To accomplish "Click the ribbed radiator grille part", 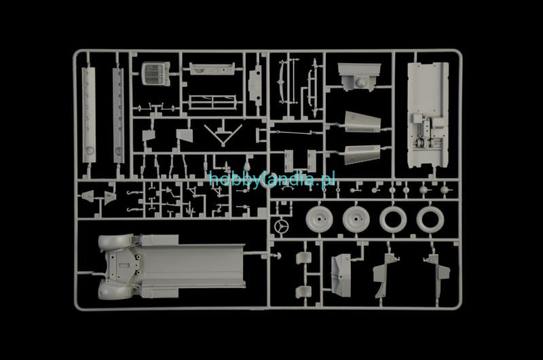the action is (x=156, y=73).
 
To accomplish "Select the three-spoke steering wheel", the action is (x=282, y=226).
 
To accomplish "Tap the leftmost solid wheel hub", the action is (x=319, y=219).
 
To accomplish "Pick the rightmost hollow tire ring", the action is (x=430, y=219).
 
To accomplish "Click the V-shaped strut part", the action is (x=223, y=134).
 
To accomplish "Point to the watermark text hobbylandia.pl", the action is (x=272, y=179).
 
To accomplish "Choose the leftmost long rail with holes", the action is (x=89, y=115).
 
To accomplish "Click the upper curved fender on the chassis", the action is (x=116, y=242).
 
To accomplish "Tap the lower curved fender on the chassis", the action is (x=116, y=290).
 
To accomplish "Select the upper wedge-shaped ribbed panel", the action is (x=362, y=122).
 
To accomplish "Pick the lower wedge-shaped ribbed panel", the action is (x=362, y=154).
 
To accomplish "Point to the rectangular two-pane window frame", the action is (x=212, y=102).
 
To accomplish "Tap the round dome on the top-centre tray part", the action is (x=361, y=82).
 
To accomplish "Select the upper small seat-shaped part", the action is (x=303, y=258).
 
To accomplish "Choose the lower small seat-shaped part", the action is (x=303, y=292).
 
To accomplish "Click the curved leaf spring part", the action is (x=282, y=82).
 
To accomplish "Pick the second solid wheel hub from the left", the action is (x=356, y=219).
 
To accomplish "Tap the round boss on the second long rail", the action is (x=119, y=151).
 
